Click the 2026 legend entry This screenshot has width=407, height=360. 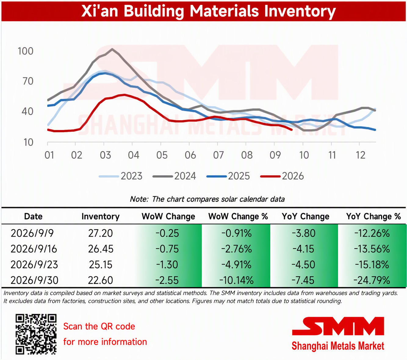282,176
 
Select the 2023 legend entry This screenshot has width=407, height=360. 121,176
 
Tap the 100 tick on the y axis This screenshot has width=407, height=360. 26,51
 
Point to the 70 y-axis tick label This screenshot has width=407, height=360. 28,82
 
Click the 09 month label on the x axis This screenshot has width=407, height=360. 275,155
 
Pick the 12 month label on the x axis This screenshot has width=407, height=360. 360,155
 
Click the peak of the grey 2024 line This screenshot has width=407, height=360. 112,49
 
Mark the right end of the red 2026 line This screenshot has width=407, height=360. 291,130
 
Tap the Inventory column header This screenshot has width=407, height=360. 100,216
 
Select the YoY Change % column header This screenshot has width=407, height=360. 373,216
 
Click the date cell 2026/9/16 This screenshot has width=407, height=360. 34,249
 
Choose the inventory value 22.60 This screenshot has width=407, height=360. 100,280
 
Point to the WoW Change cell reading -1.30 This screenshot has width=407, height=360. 167,265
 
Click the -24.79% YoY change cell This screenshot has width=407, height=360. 372,280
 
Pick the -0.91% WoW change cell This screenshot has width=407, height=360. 236,233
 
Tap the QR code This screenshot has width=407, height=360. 36,334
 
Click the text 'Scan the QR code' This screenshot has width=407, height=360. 99,326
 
